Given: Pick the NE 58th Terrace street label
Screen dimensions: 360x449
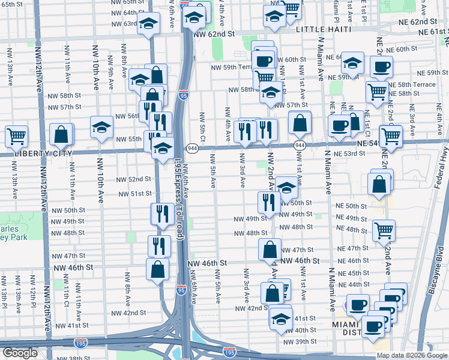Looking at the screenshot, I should coord(415,85).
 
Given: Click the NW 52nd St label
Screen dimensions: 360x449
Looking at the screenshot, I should coord(130,179).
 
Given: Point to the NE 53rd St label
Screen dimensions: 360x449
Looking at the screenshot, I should coord(350,154).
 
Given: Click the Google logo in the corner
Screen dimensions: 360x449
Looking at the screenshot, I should coord(20,353).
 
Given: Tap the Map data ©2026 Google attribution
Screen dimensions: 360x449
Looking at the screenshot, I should coord(411,355).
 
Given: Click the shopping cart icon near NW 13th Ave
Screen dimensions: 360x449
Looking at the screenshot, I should coord(16,136).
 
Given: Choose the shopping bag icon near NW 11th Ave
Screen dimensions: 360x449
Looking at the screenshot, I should coord(61,134).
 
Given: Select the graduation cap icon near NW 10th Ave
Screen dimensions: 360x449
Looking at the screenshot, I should coord(101,127).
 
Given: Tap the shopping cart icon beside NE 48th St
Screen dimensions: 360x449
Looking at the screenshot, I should coord(383,230).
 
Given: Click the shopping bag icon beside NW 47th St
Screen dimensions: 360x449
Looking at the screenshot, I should coord(270,249).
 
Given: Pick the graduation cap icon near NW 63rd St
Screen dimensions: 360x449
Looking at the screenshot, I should coord(148,24).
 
